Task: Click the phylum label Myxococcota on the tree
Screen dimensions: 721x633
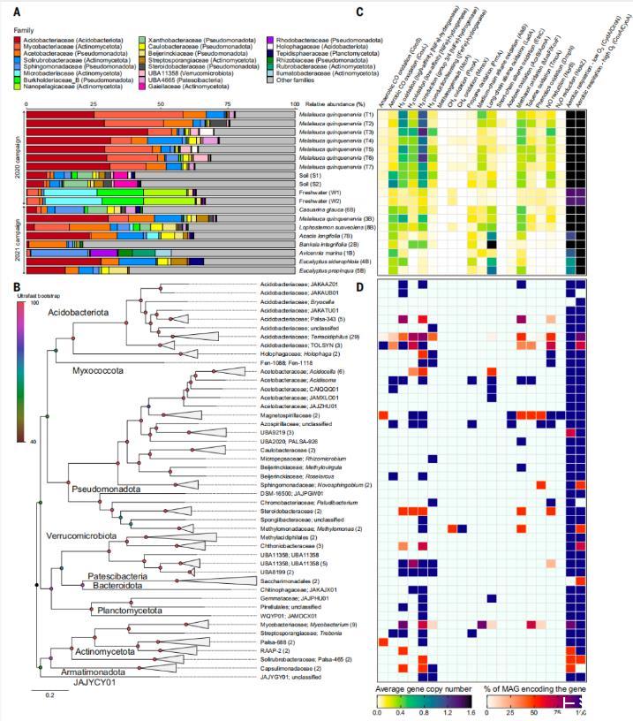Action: click(98, 371)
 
